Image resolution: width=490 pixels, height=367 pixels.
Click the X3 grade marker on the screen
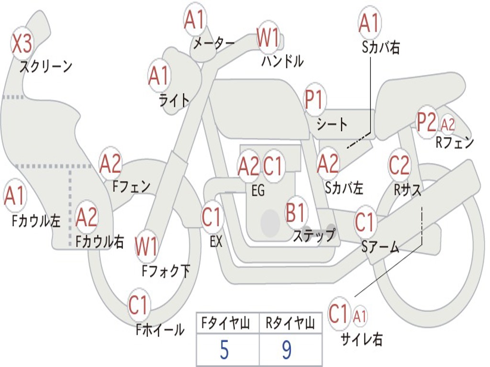click(22, 44)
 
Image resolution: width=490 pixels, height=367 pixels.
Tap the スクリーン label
click(45, 66)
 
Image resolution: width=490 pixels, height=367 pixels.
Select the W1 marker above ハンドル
click(267, 37)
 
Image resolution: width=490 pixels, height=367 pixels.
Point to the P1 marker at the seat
click(314, 100)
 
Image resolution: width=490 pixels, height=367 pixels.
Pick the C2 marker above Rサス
click(399, 165)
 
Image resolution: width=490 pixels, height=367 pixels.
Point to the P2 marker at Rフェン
click(426, 122)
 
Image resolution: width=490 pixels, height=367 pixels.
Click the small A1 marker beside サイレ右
click(360, 316)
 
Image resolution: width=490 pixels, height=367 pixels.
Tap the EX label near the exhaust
click(216, 242)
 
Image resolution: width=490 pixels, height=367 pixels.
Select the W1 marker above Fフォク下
click(146, 247)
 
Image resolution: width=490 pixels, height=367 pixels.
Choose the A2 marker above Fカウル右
click(87, 217)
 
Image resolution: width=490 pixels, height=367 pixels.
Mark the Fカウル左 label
click(36, 221)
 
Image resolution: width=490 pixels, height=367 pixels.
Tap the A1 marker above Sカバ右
click(369, 23)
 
